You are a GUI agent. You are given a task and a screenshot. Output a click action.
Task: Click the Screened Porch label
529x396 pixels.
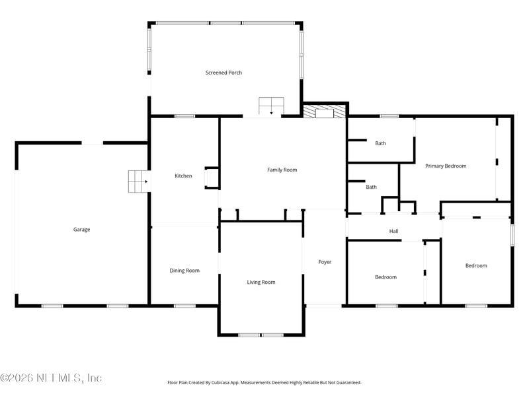click(224, 73)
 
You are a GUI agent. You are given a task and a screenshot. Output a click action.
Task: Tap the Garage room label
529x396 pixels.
click(81, 230)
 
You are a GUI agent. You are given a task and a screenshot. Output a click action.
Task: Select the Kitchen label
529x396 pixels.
click(183, 176)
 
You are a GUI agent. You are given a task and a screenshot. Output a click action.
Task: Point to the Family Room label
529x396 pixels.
click(282, 170)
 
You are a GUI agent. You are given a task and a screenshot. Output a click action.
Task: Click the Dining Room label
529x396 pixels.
click(184, 271)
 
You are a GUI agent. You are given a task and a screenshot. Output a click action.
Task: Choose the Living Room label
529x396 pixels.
click(261, 282)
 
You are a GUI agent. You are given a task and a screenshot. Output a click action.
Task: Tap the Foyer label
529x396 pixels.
click(325, 262)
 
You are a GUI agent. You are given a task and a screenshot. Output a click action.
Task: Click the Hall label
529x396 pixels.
click(393, 231)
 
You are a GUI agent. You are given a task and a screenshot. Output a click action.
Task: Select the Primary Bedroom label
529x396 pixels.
click(446, 166)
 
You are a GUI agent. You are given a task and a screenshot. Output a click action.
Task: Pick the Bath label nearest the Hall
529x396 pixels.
click(372, 187)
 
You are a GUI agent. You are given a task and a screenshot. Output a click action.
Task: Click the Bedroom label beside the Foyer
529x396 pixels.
click(386, 277)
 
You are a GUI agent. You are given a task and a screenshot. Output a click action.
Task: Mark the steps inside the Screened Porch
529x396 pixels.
click(270, 106)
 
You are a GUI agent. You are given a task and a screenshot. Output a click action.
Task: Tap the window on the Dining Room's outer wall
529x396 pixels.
click(184, 306)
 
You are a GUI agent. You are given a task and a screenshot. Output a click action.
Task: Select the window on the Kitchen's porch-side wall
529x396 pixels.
click(184, 117)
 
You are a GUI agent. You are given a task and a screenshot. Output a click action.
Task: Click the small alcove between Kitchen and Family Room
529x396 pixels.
click(212, 178)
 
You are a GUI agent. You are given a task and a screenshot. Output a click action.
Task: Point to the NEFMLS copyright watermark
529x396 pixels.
click(51, 378)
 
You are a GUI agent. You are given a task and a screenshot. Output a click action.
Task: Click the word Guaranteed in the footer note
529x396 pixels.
click(347, 382)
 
